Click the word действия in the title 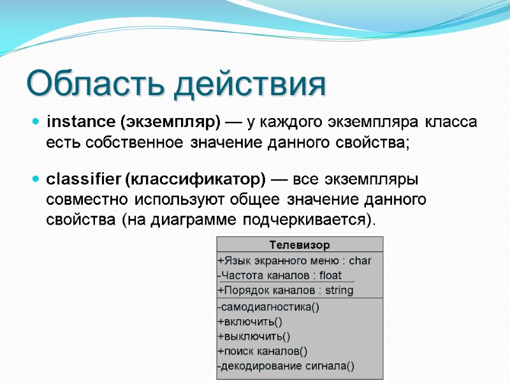click(x=252, y=84)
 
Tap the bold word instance click(x=81, y=121)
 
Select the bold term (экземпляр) click(x=170, y=121)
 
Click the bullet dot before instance click(x=36, y=121)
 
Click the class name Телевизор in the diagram click(x=300, y=244)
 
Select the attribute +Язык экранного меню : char click(x=295, y=260)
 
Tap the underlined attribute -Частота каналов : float click(x=280, y=276)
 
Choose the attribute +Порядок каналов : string click(x=286, y=290)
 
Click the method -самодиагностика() click(x=268, y=306)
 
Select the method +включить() click(x=250, y=321)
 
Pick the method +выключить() click(x=254, y=336)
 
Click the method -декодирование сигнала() click(x=286, y=366)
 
